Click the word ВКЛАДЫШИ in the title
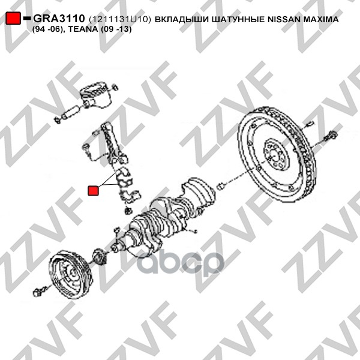tap(179, 20)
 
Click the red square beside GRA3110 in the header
tap(14, 20)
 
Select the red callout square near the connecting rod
tap(94, 191)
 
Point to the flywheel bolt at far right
tap(331, 137)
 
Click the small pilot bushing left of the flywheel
tap(221, 184)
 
